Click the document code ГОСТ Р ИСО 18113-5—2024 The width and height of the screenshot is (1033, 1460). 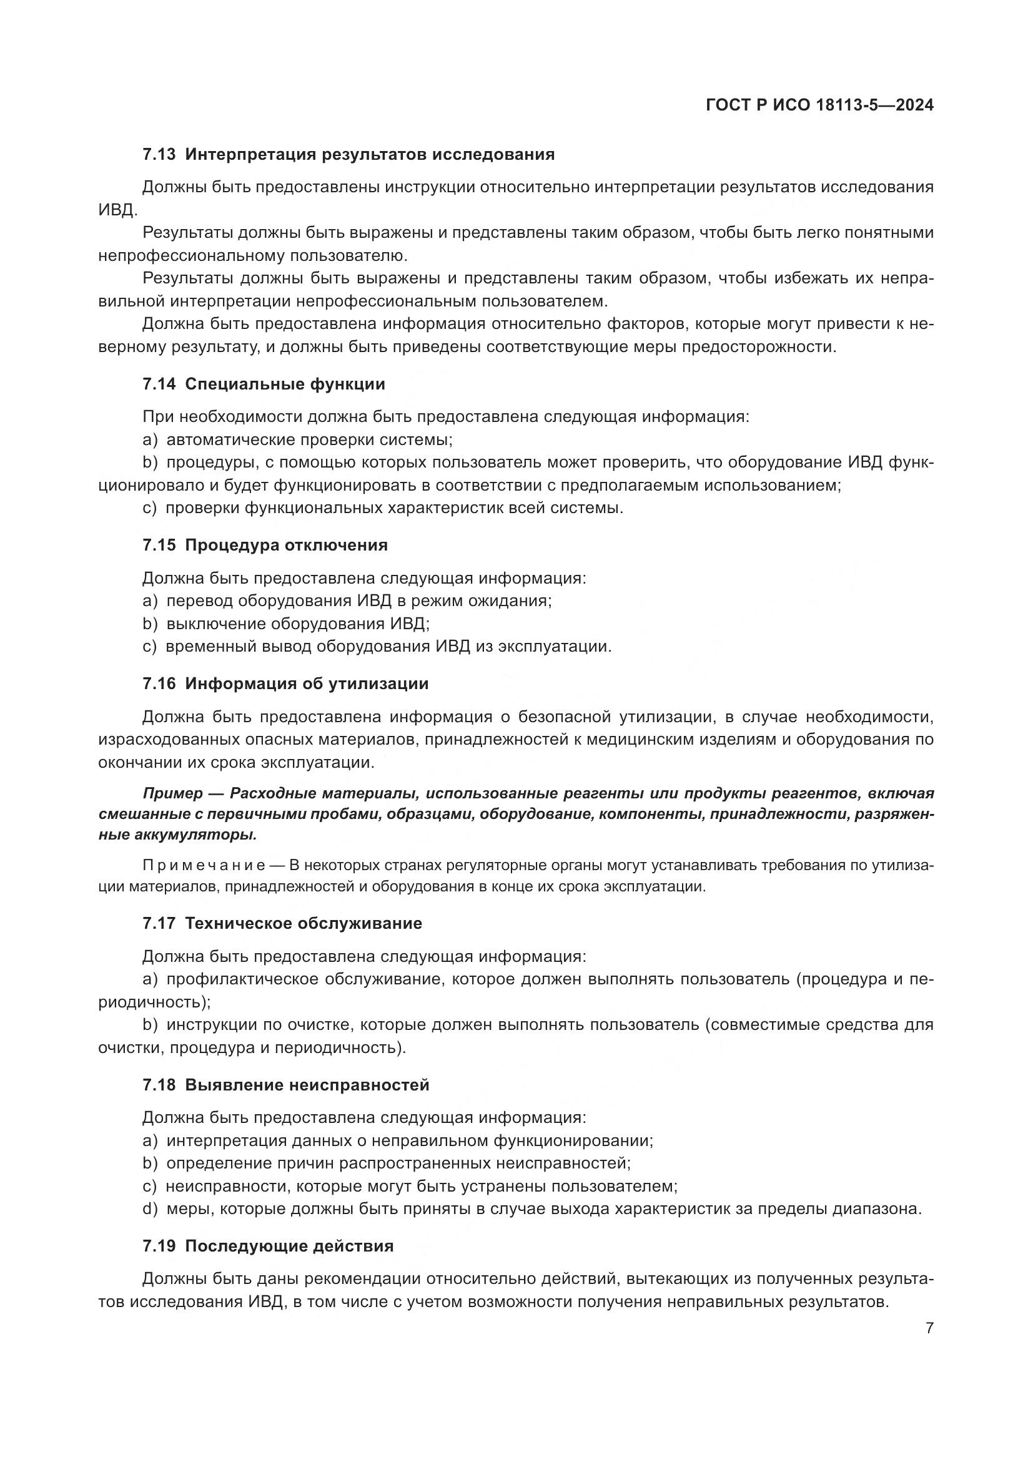click(x=819, y=105)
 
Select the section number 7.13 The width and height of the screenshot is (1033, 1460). click(x=159, y=155)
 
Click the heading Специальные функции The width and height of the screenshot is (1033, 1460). click(x=285, y=384)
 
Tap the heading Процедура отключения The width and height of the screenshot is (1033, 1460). click(x=286, y=545)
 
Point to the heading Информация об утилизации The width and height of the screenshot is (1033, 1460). click(x=307, y=683)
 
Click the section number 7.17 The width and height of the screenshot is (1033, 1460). click(x=159, y=923)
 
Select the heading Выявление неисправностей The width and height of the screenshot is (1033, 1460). click(x=307, y=1085)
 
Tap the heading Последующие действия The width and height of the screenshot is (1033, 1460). click(x=289, y=1246)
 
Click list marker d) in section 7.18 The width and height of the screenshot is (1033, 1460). click(x=150, y=1209)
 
